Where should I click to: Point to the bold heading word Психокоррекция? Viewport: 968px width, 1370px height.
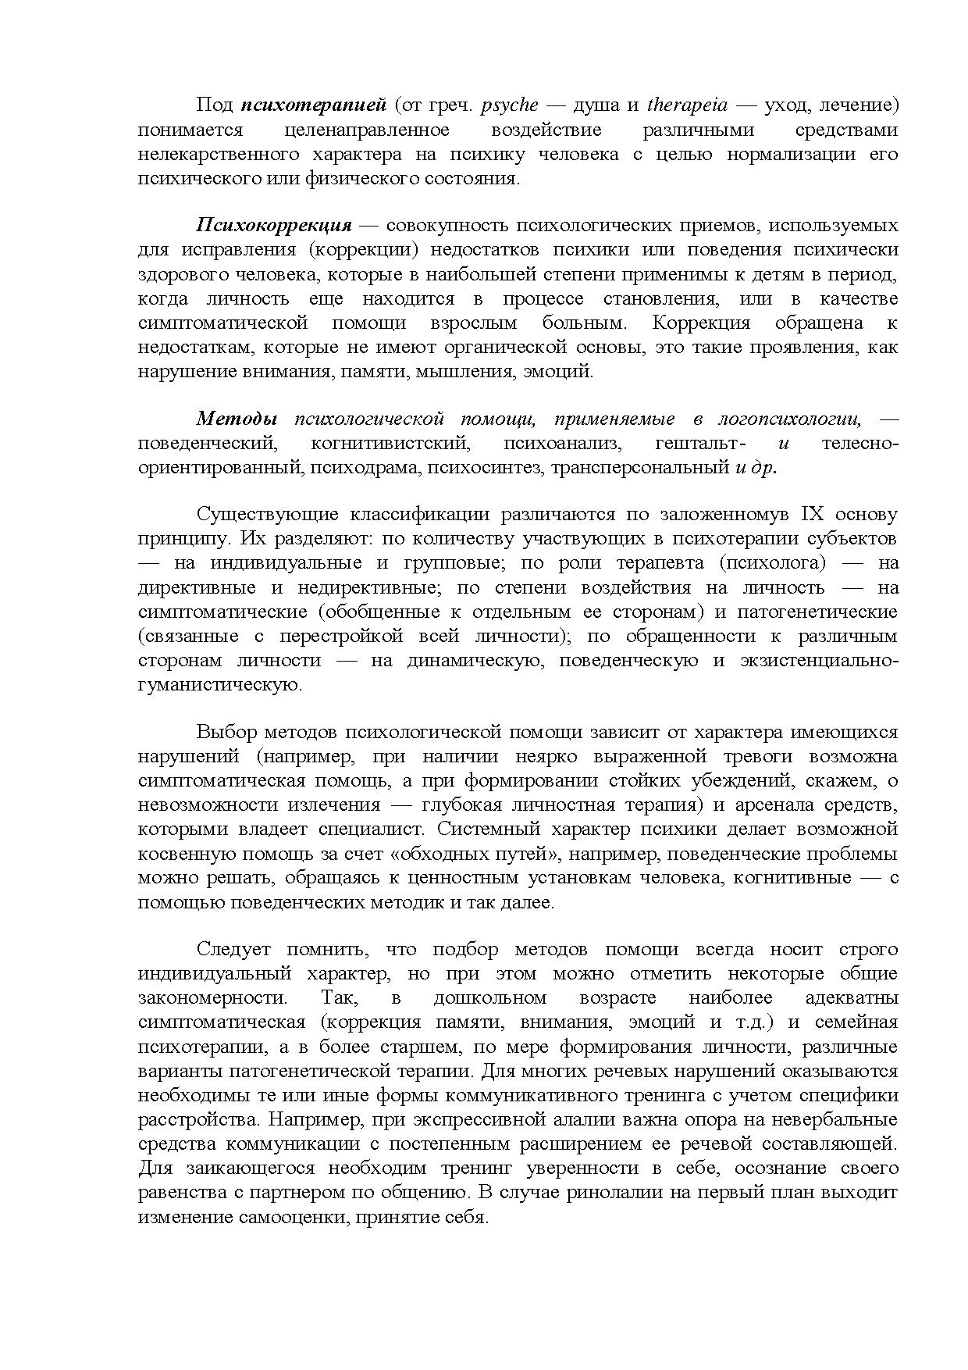point(274,226)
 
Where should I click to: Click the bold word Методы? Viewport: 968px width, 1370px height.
point(237,419)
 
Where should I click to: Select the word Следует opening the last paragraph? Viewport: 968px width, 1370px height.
point(233,950)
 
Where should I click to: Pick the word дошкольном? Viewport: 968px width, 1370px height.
point(489,998)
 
